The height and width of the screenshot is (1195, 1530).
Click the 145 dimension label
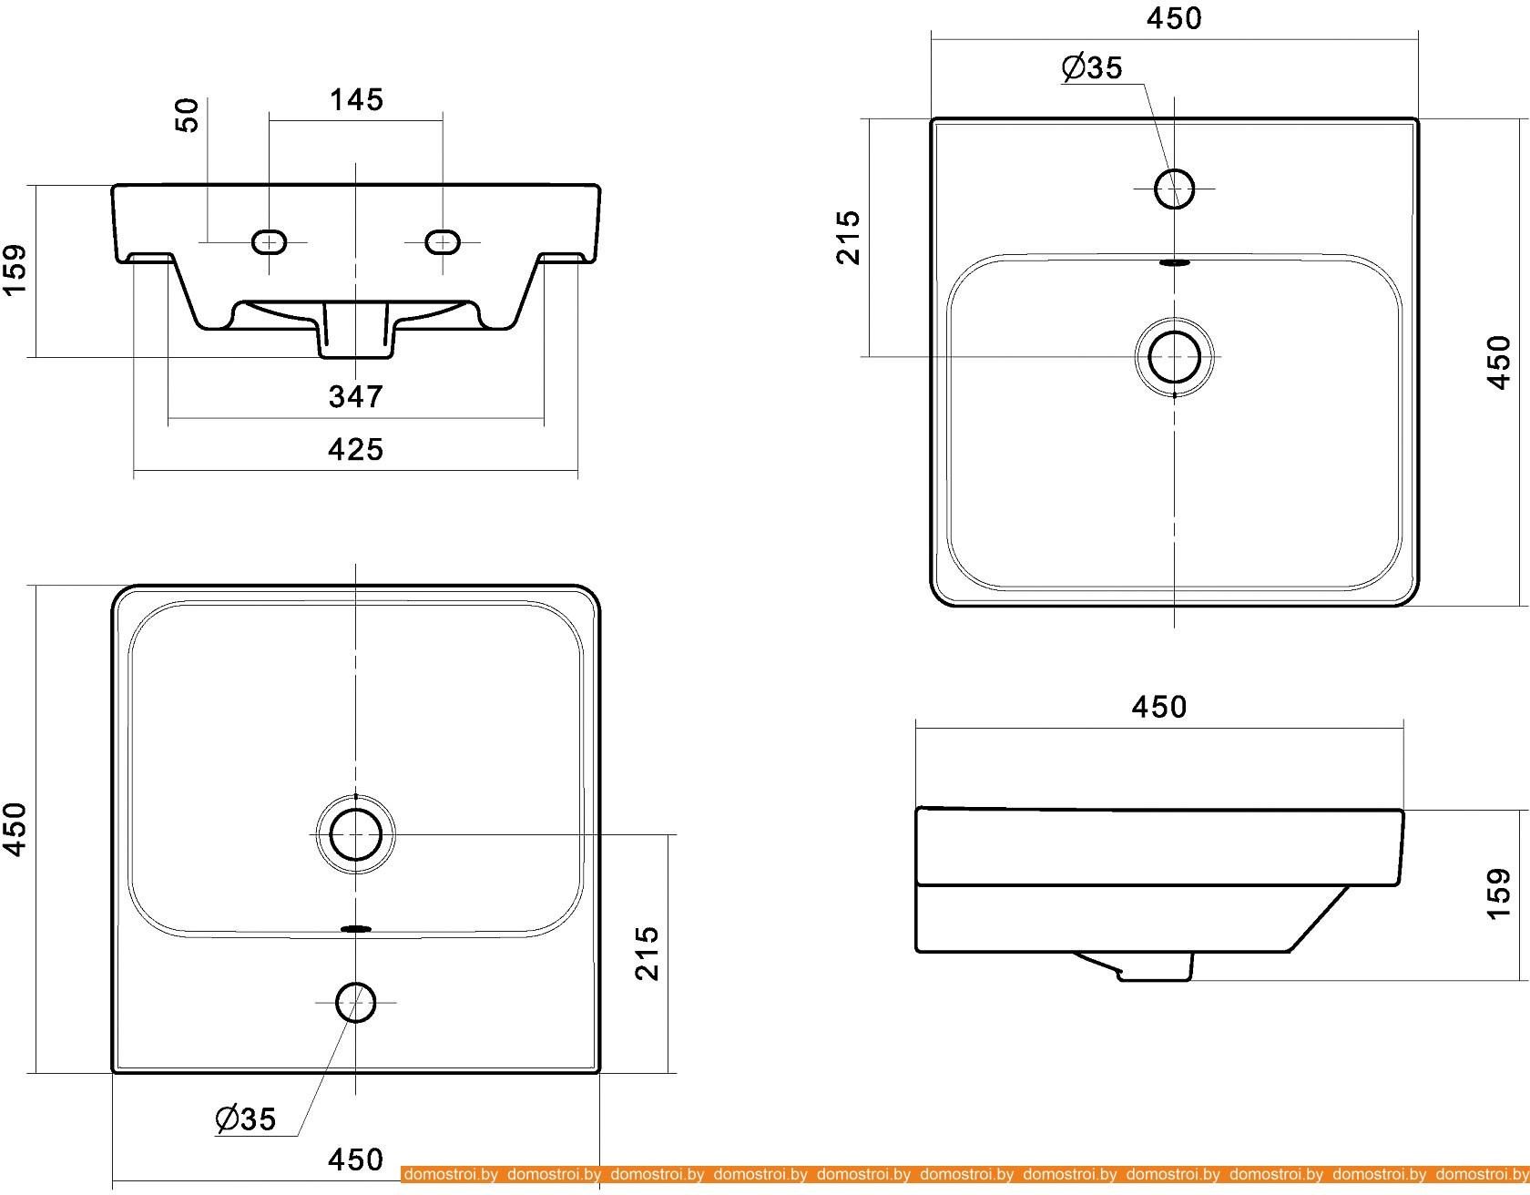[x=356, y=99]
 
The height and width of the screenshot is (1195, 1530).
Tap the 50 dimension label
[x=188, y=116]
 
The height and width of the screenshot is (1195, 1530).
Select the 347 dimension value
[x=356, y=396]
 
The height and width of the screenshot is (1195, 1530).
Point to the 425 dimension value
[x=356, y=449]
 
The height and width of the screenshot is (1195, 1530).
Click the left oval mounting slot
[x=269, y=241]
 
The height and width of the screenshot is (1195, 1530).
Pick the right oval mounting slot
[x=443, y=241]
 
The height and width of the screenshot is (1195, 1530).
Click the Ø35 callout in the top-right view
[x=1093, y=68]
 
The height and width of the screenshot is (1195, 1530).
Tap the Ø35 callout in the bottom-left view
[x=245, y=1118]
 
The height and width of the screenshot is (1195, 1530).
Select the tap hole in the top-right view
[x=1174, y=189]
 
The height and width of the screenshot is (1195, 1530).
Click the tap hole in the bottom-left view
[x=355, y=1002]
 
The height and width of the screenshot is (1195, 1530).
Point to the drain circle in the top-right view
[x=1174, y=356]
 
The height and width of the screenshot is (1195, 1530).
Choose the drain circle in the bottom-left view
[x=355, y=833]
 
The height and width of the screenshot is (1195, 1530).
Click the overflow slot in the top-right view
[x=1174, y=262]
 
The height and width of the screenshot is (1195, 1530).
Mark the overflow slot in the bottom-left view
[x=355, y=929]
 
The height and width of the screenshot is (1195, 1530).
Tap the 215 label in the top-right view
[x=848, y=237]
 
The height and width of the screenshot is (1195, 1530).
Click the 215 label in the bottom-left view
[x=647, y=953]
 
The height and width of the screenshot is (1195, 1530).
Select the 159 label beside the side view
[x=1498, y=894]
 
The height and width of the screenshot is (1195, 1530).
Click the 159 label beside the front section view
[x=15, y=271]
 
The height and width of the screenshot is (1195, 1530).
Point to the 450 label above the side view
[x=1158, y=707]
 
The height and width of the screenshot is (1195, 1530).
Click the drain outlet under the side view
[x=1152, y=967]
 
